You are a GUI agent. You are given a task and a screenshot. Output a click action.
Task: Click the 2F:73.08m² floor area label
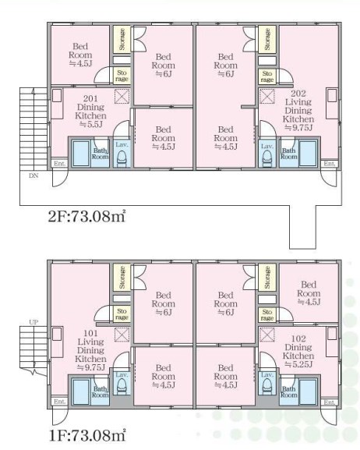click(86, 216)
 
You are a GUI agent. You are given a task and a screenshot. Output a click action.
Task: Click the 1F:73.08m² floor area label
click(87, 434)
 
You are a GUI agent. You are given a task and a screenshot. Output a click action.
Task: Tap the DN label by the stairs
click(34, 175)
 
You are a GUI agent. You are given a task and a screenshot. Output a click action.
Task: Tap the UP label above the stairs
click(34, 322)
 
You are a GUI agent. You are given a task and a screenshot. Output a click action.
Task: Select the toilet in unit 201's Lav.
click(122, 158)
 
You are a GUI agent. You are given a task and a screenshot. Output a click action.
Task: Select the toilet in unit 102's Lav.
click(267, 386)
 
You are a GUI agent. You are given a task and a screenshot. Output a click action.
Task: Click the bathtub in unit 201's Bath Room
click(81, 153)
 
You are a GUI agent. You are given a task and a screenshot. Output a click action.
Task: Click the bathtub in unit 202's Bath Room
click(308, 153)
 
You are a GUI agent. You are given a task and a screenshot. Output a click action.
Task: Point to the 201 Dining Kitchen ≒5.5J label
click(90, 112)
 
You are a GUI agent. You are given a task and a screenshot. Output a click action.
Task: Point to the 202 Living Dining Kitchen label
click(298, 111)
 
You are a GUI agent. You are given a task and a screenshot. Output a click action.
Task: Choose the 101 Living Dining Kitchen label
click(90, 350)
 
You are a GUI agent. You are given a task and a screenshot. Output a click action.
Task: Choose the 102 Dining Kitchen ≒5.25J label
click(298, 352)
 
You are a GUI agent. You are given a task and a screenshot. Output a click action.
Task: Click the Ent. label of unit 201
click(60, 164)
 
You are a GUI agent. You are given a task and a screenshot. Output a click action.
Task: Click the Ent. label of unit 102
click(330, 402)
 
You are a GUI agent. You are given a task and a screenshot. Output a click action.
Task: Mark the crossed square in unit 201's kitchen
click(122, 97)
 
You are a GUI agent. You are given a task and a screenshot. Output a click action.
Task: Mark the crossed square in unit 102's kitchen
click(267, 335)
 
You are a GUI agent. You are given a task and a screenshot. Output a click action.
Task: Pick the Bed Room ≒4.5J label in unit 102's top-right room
click(309, 293)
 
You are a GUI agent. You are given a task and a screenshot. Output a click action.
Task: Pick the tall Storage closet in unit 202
click(267, 39)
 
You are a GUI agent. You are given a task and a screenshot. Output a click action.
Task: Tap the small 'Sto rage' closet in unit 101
click(122, 314)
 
